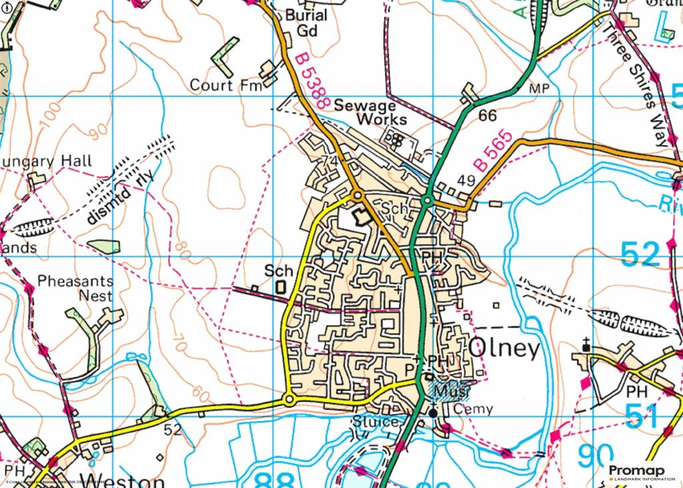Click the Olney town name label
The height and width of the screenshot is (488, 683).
[504, 348]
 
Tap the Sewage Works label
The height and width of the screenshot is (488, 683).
[371, 112]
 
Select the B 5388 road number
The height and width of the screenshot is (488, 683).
[310, 81]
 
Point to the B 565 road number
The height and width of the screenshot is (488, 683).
[493, 151]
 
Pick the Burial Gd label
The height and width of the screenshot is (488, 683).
[306, 23]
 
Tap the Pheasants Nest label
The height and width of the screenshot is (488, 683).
[75, 288]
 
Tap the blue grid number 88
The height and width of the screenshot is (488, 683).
[274, 478]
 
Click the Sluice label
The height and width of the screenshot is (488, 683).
[378, 421]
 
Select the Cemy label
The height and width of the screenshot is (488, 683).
[473, 409]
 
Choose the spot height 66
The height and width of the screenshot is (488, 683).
[488, 115]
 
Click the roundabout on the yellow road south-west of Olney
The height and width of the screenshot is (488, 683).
[289, 399]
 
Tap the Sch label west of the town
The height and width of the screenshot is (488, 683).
[278, 271]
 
